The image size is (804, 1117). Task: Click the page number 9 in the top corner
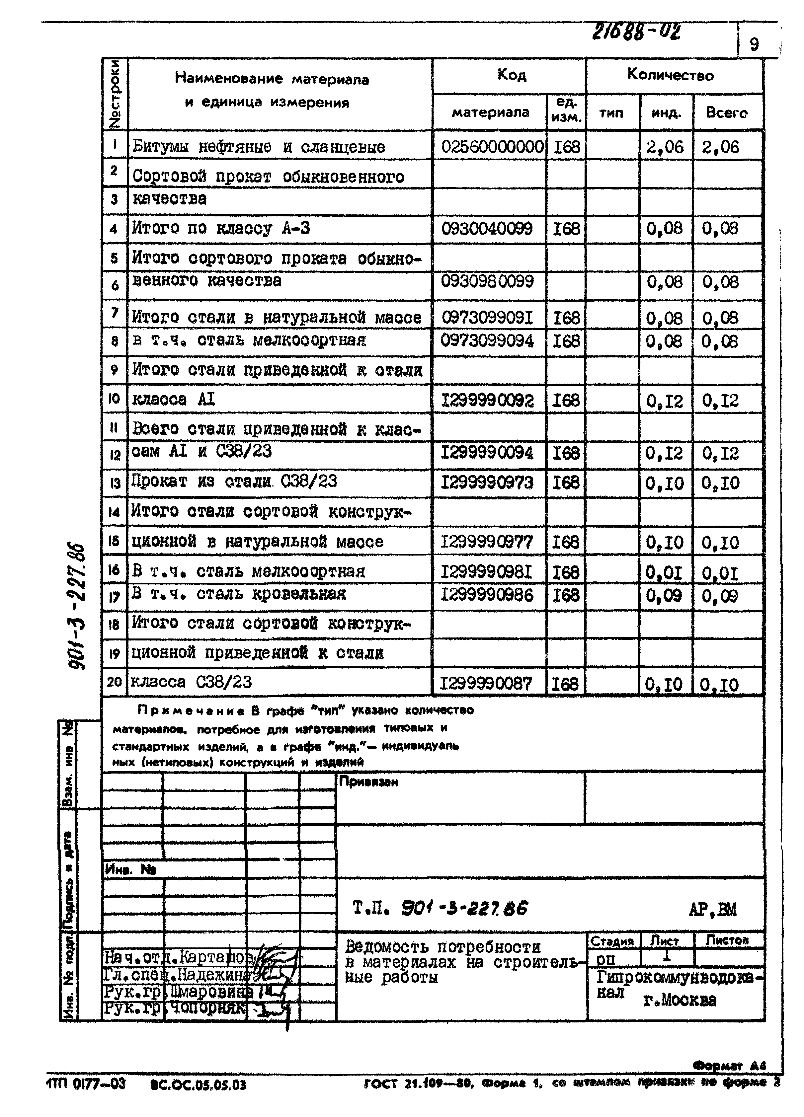pyautogui.click(x=754, y=44)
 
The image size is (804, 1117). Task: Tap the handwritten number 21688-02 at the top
pyautogui.click(x=636, y=33)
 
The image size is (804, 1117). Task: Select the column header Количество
pyautogui.click(x=670, y=75)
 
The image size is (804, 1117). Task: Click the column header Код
pyautogui.click(x=511, y=75)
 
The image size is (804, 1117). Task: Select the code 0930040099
pyautogui.click(x=487, y=229)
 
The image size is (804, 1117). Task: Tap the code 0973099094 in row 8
pyautogui.click(x=487, y=341)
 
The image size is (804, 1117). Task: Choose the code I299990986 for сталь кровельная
pyautogui.click(x=487, y=595)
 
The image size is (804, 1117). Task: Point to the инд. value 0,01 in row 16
pyautogui.click(x=664, y=573)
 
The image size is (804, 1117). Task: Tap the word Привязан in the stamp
pyautogui.click(x=368, y=782)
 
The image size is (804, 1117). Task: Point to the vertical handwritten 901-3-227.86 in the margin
pyautogui.click(x=77, y=606)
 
